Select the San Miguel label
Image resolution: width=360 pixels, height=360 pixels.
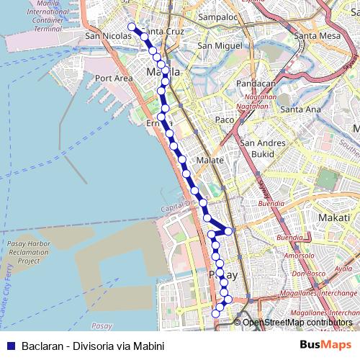point(216,45)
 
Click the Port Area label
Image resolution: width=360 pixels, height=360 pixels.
point(114,78)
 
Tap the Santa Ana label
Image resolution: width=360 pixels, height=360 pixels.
point(300,109)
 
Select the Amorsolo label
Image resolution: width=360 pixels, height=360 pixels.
point(299,256)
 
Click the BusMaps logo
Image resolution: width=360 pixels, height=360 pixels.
point(325,345)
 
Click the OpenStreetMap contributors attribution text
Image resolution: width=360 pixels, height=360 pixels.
point(297,322)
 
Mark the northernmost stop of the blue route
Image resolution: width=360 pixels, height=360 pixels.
point(132,27)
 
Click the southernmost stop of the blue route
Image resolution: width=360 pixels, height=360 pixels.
point(215,313)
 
